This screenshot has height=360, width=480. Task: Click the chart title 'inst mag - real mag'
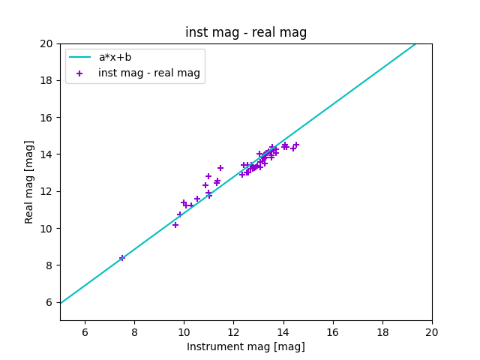click(x=246, y=32)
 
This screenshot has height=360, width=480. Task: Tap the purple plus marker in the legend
click(x=80, y=73)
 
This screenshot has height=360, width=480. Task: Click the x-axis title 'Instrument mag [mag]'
click(x=246, y=346)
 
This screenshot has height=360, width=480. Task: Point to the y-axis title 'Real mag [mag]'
click(x=30, y=182)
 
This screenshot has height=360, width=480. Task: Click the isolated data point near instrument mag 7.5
click(x=122, y=258)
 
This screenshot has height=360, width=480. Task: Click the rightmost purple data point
click(x=296, y=145)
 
